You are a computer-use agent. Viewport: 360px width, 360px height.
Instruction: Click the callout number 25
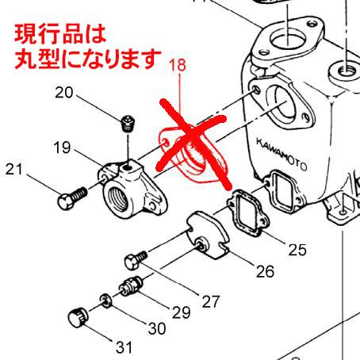click(297, 251)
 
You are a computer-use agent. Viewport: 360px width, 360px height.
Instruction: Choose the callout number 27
click(209, 301)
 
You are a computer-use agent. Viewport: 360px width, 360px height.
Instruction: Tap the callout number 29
click(181, 312)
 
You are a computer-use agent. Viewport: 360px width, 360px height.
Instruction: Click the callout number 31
click(123, 347)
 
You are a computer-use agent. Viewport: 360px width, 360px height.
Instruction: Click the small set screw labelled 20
click(130, 124)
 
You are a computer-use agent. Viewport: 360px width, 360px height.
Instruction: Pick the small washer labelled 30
click(105, 300)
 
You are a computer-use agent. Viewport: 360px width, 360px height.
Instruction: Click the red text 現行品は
click(59, 35)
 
